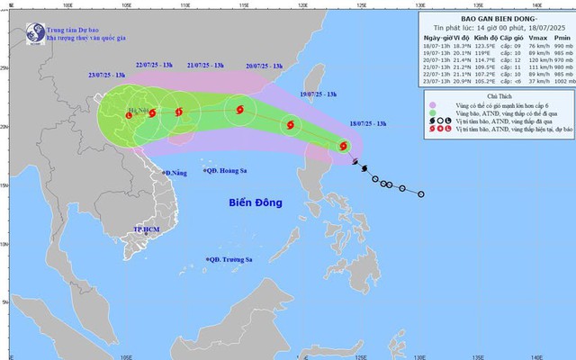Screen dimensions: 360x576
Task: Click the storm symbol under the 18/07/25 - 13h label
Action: [343, 146]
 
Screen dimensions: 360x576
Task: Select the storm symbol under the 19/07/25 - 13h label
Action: [289, 125]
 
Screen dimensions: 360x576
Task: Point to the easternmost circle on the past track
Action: [421, 193]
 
